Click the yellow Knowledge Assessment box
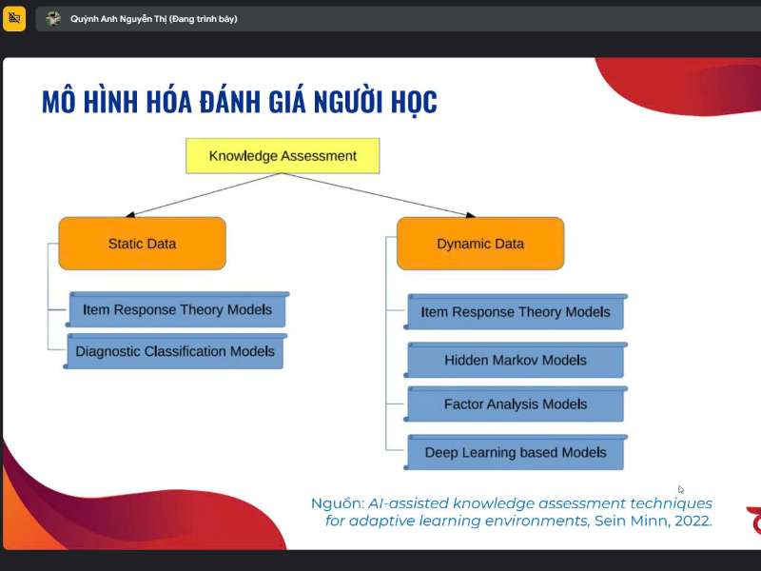[283, 156]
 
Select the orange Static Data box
[142, 244]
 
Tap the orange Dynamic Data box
[480, 244]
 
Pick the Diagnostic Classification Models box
[175, 351]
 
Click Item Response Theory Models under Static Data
[177, 310]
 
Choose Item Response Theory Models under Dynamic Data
[516, 312]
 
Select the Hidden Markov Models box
[516, 361]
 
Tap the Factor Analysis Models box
[516, 404]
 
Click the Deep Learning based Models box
[516, 453]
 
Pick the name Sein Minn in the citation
[627, 521]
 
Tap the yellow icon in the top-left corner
[14, 18]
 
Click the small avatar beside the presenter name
[53, 19]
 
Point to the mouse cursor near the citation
[681, 490]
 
